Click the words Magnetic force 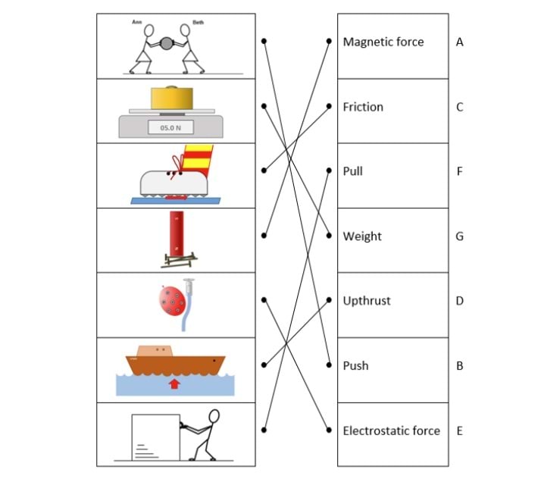click(x=383, y=42)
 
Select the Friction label click(x=363, y=107)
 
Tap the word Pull click(x=353, y=171)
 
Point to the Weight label click(x=362, y=236)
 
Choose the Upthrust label click(x=367, y=301)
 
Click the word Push click(x=355, y=365)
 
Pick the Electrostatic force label click(x=391, y=430)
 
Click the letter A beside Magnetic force click(x=460, y=42)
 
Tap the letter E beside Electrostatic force click(x=459, y=430)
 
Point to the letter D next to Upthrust click(x=460, y=301)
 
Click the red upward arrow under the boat click(x=175, y=384)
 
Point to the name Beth click(x=198, y=23)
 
